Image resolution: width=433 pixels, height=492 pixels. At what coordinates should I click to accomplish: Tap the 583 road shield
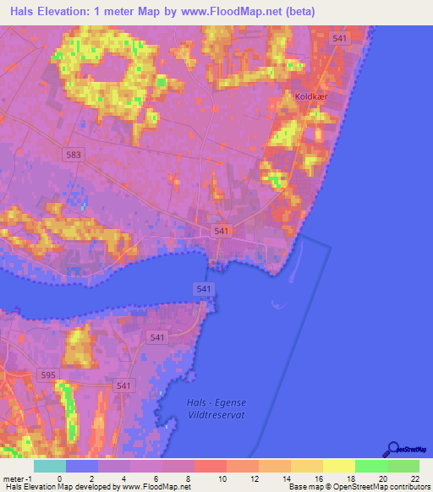point(74,155)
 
